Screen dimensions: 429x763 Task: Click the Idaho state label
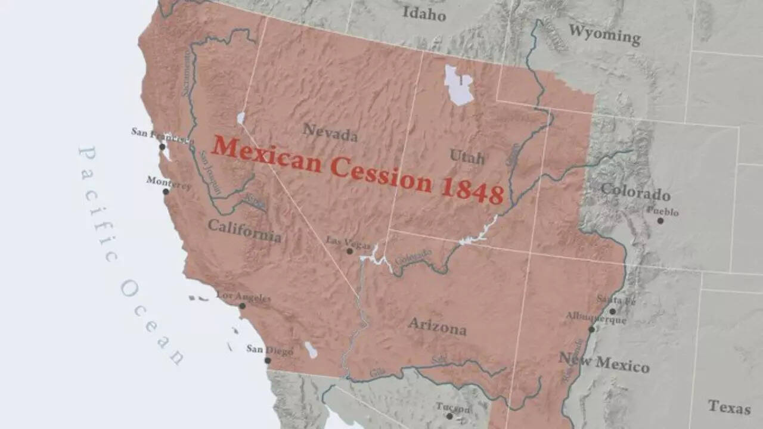[x=424, y=13]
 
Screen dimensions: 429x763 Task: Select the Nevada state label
[x=330, y=132]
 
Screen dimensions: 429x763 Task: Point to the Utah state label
[x=467, y=157]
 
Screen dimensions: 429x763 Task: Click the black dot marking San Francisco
[x=162, y=147]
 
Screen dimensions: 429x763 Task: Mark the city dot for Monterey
[x=166, y=191]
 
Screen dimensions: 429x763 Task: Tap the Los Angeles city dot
[x=242, y=306]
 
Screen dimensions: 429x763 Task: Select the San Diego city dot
[x=268, y=360]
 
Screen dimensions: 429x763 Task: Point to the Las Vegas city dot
[x=350, y=251]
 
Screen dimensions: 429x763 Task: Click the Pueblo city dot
[x=660, y=220]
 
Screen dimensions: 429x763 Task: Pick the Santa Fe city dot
[x=612, y=311]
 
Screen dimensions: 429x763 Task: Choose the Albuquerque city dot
[x=591, y=329]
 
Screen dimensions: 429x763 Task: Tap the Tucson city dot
[x=449, y=416]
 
